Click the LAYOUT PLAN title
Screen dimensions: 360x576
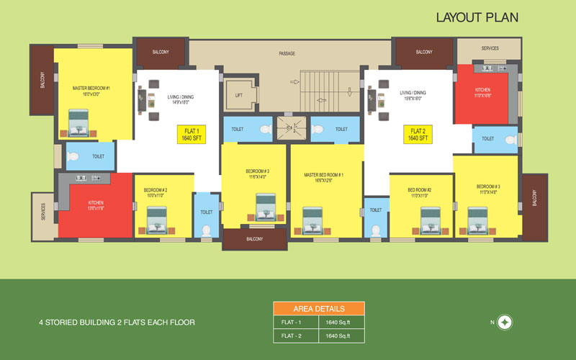coord(477,17)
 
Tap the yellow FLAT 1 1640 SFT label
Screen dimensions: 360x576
coord(191,135)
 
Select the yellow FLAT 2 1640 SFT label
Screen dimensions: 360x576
coord(418,135)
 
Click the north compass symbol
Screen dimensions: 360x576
coord(505,322)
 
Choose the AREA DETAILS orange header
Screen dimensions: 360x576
coord(318,308)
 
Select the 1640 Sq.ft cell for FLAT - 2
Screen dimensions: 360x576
coord(341,336)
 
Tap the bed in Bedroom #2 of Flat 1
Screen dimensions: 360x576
coord(157,220)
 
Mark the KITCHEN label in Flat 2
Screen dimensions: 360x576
coord(482,92)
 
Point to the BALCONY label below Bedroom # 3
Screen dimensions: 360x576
coord(255,239)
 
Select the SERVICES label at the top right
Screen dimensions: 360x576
coord(490,48)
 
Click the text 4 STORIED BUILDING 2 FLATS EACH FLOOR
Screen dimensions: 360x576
coord(117,323)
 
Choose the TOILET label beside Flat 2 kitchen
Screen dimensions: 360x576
coord(488,138)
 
